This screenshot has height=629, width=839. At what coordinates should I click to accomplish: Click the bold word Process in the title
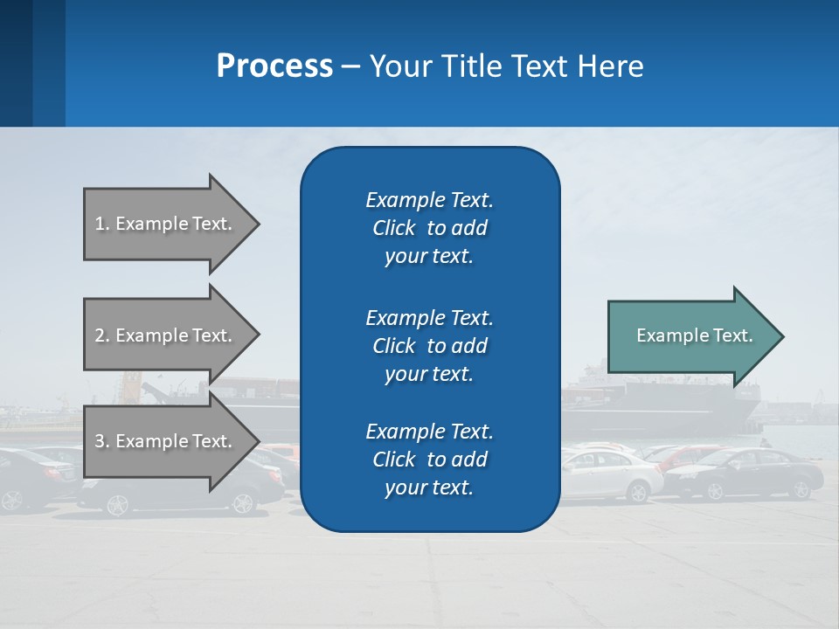(274, 66)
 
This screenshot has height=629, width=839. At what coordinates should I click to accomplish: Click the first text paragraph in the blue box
(429, 228)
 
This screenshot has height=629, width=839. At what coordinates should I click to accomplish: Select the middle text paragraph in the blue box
(429, 345)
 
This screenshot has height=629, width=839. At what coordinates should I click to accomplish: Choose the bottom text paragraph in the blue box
(429, 460)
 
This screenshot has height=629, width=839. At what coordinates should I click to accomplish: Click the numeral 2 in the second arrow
(99, 335)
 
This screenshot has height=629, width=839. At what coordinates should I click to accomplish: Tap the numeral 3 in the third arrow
(99, 441)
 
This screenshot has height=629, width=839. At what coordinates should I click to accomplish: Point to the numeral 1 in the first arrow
(99, 224)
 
